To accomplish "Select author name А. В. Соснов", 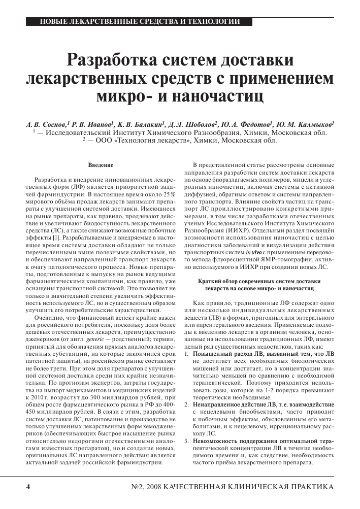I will tap(47, 123).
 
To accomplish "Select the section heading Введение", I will tap(101, 165).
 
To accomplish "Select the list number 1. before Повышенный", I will tap(186, 353).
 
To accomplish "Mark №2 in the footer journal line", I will tap(139, 487).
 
